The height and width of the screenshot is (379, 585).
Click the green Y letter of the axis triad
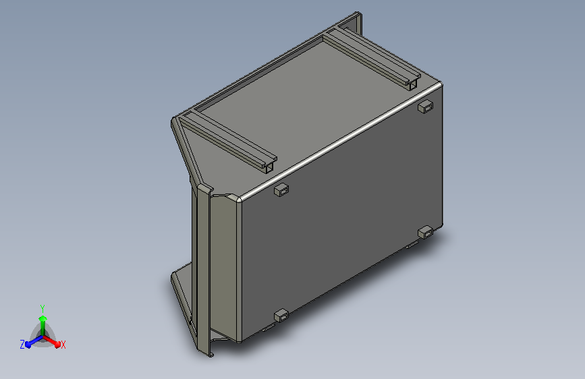[43, 309]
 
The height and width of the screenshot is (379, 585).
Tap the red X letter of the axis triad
[63, 345]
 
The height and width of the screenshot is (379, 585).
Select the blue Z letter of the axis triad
[22, 345]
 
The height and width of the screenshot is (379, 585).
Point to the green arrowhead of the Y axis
[43, 318]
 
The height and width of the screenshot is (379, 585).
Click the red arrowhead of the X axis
[57, 345]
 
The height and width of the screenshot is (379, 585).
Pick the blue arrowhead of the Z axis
[28, 345]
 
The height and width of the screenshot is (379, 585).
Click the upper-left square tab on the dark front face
[281, 190]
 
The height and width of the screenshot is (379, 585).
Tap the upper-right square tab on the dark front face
[425, 107]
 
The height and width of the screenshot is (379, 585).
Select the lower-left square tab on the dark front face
[281, 316]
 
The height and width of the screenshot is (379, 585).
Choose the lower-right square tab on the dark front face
[425, 233]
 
